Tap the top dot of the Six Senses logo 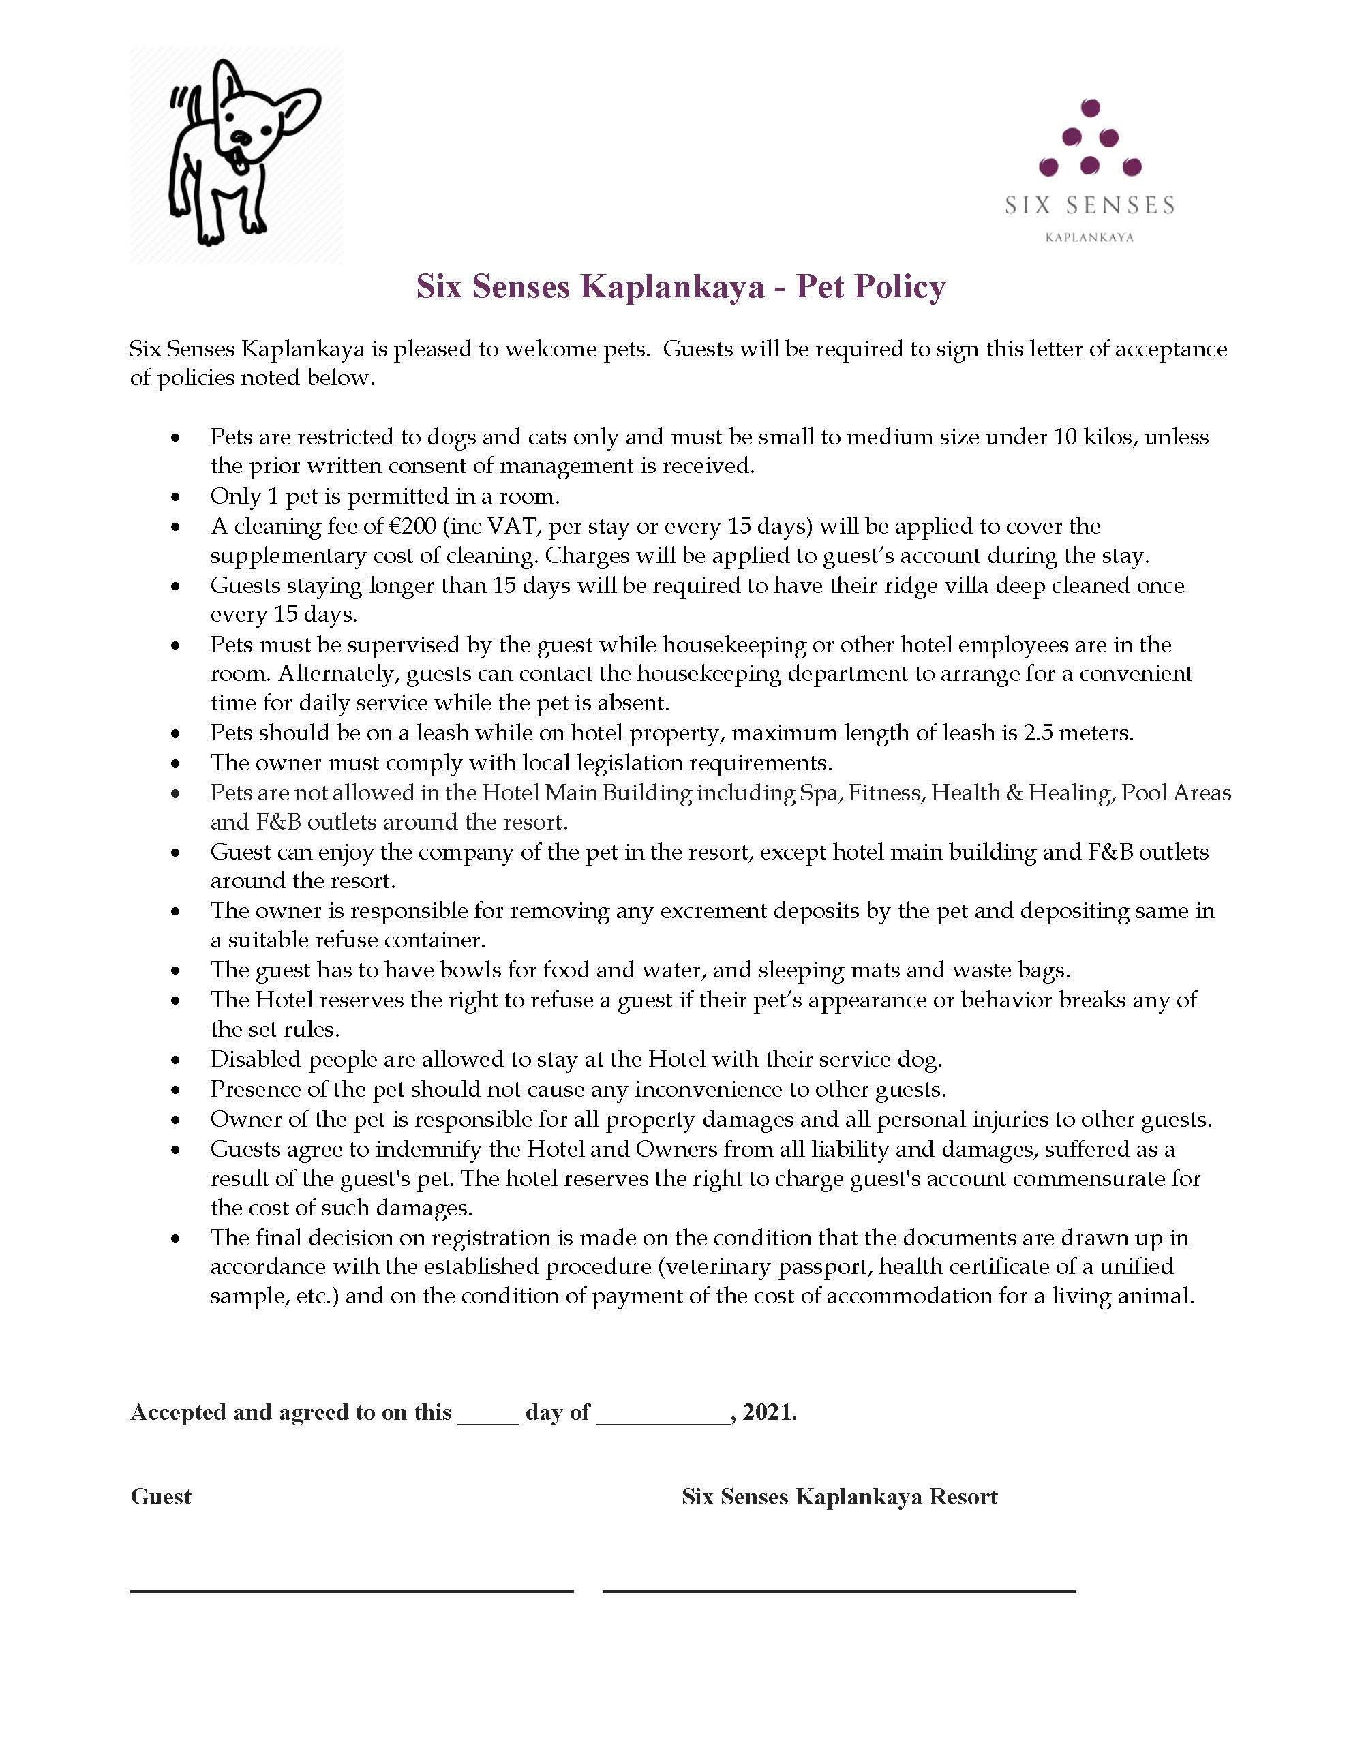[x=1090, y=107]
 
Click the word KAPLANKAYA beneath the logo [x=1089, y=237]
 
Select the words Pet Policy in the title [x=871, y=286]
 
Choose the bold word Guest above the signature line [x=162, y=1497]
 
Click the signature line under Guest [x=352, y=1591]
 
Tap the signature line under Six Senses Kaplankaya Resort [x=839, y=1591]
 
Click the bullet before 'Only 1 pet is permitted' [x=176, y=498]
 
